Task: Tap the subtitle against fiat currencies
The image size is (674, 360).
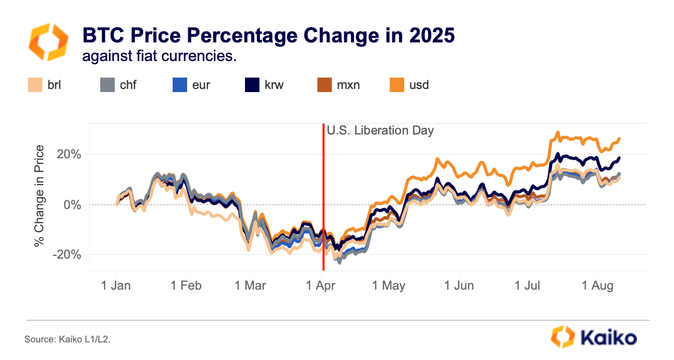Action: click(159, 56)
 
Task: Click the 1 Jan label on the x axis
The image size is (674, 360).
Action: click(116, 286)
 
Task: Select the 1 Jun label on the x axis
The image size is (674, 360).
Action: click(459, 286)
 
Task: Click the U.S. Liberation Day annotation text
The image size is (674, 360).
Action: click(380, 130)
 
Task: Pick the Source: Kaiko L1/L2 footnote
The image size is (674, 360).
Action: click(67, 340)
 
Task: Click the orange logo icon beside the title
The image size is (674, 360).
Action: click(48, 42)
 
